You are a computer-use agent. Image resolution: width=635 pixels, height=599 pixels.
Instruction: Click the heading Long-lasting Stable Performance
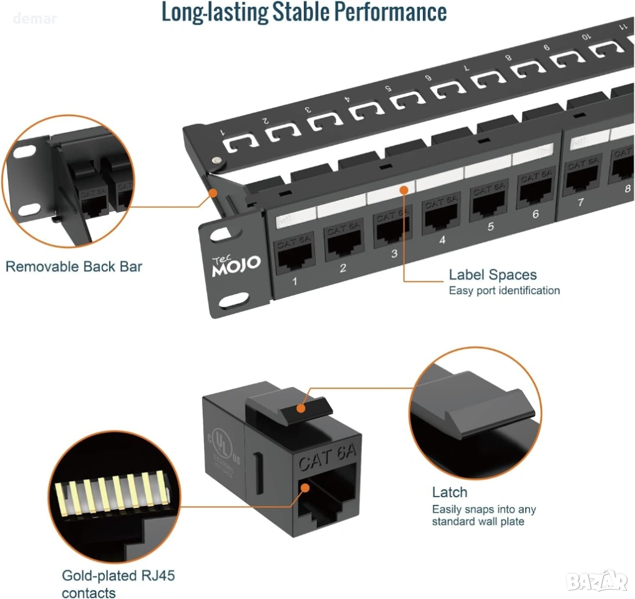coord(304,12)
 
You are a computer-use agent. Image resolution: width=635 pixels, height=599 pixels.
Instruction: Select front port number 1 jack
coord(294,256)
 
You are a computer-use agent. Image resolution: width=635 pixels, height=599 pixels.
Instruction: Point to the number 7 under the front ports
coord(580,202)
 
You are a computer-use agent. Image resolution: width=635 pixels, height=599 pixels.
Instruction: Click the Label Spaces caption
coord(492,275)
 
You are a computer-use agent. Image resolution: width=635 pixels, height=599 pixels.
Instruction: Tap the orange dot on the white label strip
coord(405,189)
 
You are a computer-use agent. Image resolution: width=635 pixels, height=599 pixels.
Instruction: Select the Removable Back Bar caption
coord(74,267)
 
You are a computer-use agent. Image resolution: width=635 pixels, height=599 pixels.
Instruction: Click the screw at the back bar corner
coord(216,162)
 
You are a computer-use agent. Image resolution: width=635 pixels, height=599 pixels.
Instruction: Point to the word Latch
coord(449,492)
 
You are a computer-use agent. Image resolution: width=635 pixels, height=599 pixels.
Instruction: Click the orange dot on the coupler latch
coord(301,409)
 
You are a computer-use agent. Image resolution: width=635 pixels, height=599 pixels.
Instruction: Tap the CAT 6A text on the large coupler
coord(326,462)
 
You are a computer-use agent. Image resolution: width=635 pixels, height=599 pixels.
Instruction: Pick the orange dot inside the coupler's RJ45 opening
coord(305,490)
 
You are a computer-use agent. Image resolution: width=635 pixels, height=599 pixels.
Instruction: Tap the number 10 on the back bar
coord(586,37)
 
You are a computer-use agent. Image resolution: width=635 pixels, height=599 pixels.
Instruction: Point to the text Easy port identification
coord(504,291)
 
